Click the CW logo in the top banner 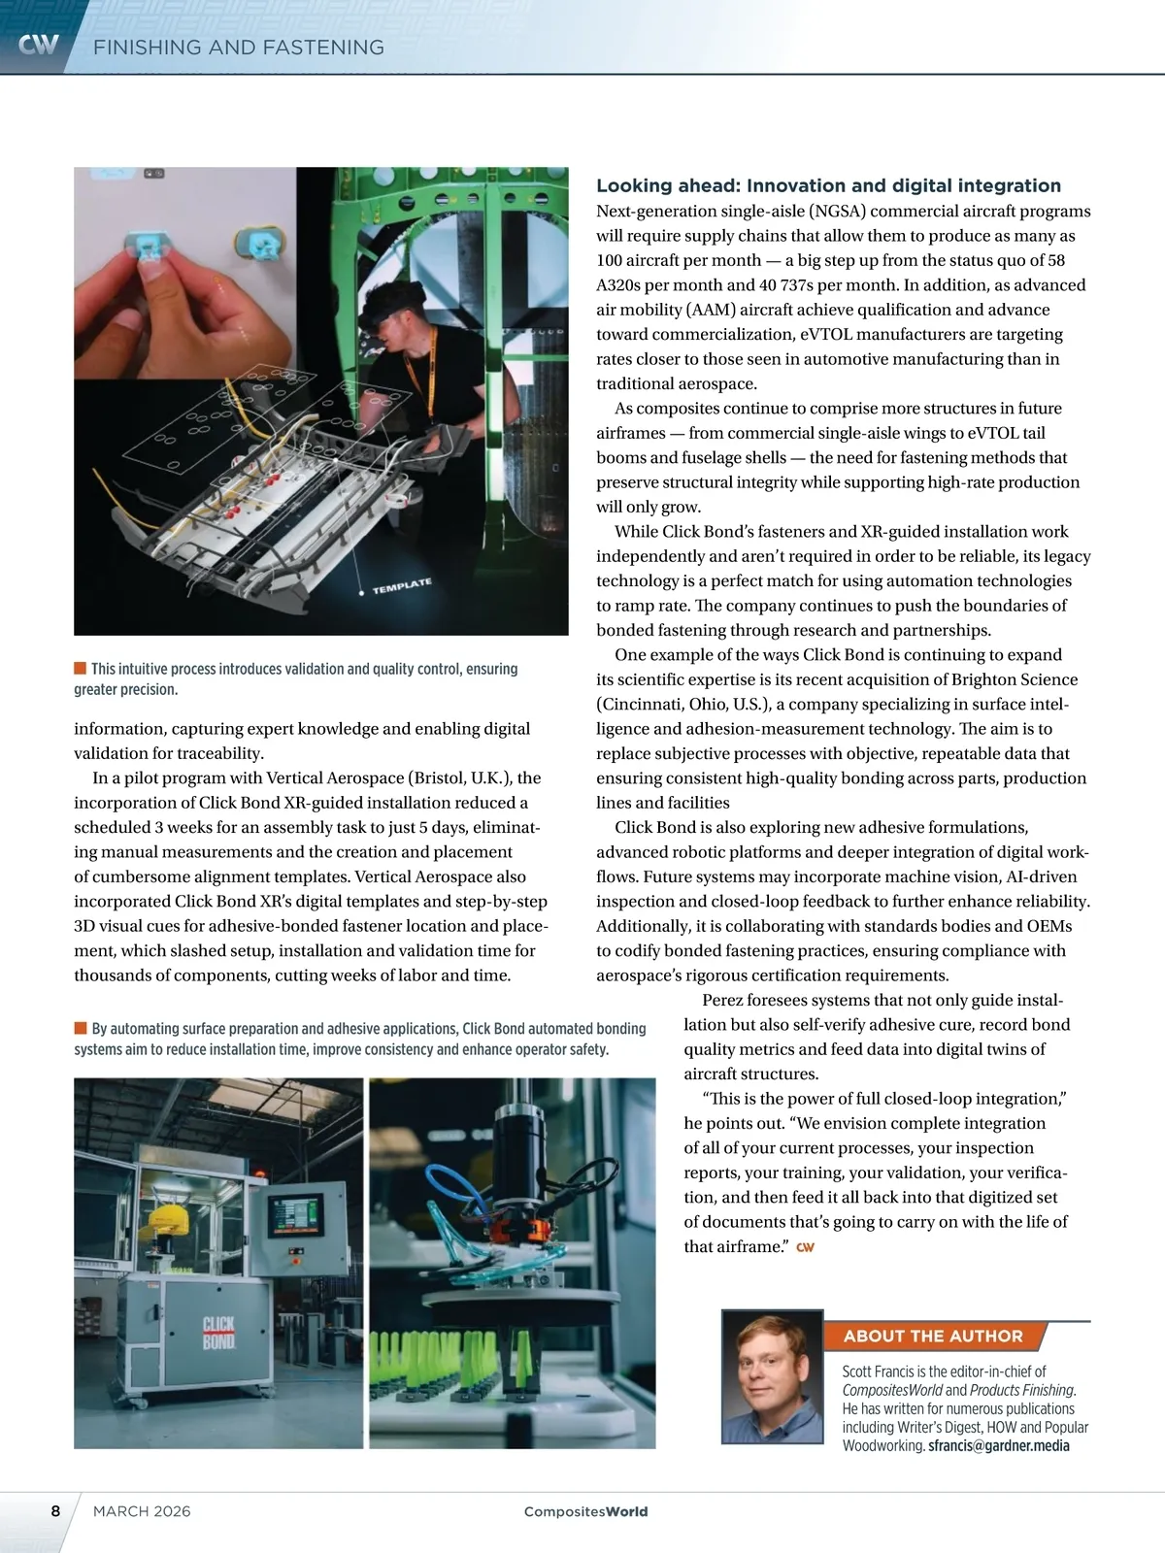point(39,45)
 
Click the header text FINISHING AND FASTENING point(239,48)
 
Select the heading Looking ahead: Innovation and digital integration point(828,185)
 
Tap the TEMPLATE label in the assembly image point(401,585)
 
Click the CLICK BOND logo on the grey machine point(218,1333)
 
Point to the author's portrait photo point(772,1375)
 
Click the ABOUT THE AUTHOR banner point(932,1337)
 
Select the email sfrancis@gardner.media point(998,1445)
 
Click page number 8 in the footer point(55,1510)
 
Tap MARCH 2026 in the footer point(142,1511)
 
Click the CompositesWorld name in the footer point(585,1511)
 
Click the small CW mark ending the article point(805,1247)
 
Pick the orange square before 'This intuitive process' point(81,668)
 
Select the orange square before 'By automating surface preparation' point(81,1027)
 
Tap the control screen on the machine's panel point(296,1212)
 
